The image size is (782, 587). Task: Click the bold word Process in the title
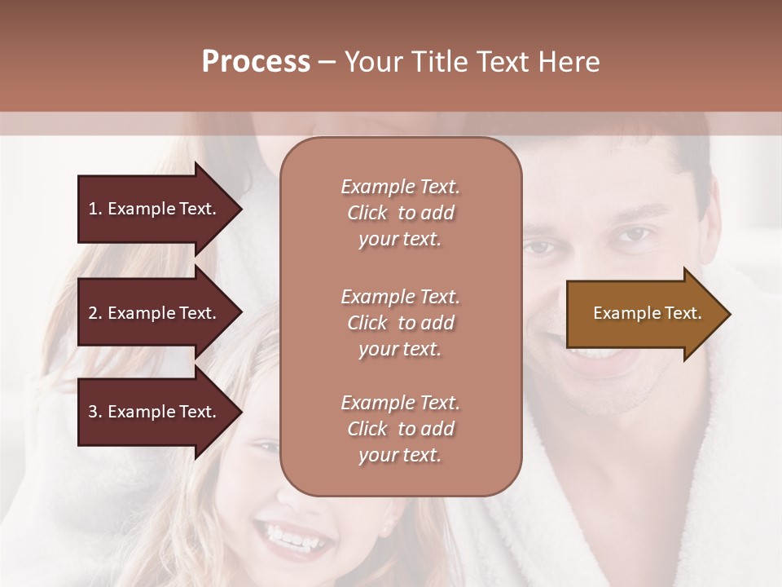click(256, 62)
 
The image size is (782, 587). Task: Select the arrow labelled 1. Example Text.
click(155, 209)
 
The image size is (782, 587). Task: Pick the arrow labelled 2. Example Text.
click(155, 313)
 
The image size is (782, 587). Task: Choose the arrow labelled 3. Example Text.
click(155, 413)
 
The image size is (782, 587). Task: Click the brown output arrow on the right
click(644, 314)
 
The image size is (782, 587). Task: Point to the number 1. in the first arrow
click(95, 209)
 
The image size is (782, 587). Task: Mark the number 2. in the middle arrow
click(95, 313)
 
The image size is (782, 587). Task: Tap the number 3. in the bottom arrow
click(95, 413)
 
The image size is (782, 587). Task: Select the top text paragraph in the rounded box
click(400, 213)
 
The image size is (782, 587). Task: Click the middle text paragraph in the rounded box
click(400, 323)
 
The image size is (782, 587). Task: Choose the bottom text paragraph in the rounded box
click(400, 429)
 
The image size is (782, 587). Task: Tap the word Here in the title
click(569, 62)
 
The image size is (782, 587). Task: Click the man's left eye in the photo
click(632, 236)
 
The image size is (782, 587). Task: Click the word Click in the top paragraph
click(367, 213)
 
